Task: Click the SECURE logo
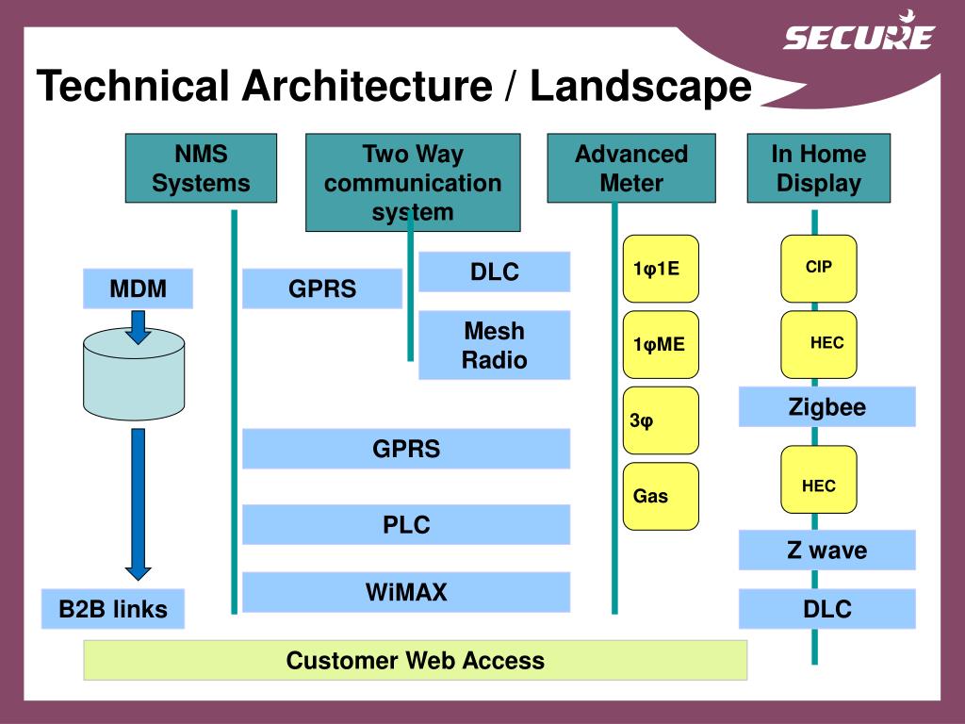(858, 35)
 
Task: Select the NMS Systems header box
(201, 168)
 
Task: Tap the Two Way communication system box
(413, 182)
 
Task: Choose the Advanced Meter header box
(631, 168)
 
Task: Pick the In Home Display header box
(818, 168)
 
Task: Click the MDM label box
(138, 288)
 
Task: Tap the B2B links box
(113, 609)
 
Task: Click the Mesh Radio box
(494, 345)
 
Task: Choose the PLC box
(406, 524)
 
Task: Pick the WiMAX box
(406, 592)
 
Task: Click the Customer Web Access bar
(415, 660)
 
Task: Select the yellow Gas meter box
(661, 496)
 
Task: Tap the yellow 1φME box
(661, 344)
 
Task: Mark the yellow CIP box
(819, 268)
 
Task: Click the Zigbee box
(826, 407)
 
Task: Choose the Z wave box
(826, 550)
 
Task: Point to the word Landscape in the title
(641, 87)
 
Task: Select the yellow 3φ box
(661, 420)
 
